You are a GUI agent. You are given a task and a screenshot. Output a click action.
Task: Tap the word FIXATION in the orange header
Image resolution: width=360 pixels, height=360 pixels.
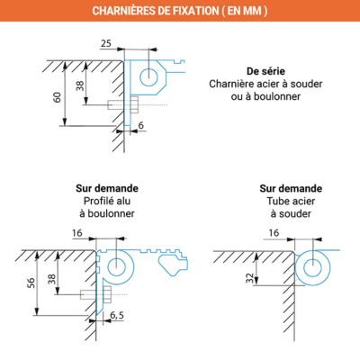(210, 11)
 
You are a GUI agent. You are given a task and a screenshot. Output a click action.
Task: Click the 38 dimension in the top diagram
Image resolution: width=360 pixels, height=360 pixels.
(79, 86)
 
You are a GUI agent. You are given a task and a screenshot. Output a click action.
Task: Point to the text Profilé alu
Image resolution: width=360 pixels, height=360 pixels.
(107, 202)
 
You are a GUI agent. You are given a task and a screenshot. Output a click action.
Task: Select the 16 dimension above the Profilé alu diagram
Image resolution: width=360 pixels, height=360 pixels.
(76, 233)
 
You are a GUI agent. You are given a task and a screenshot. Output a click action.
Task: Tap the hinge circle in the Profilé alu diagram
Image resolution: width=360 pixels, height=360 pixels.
(116, 265)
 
